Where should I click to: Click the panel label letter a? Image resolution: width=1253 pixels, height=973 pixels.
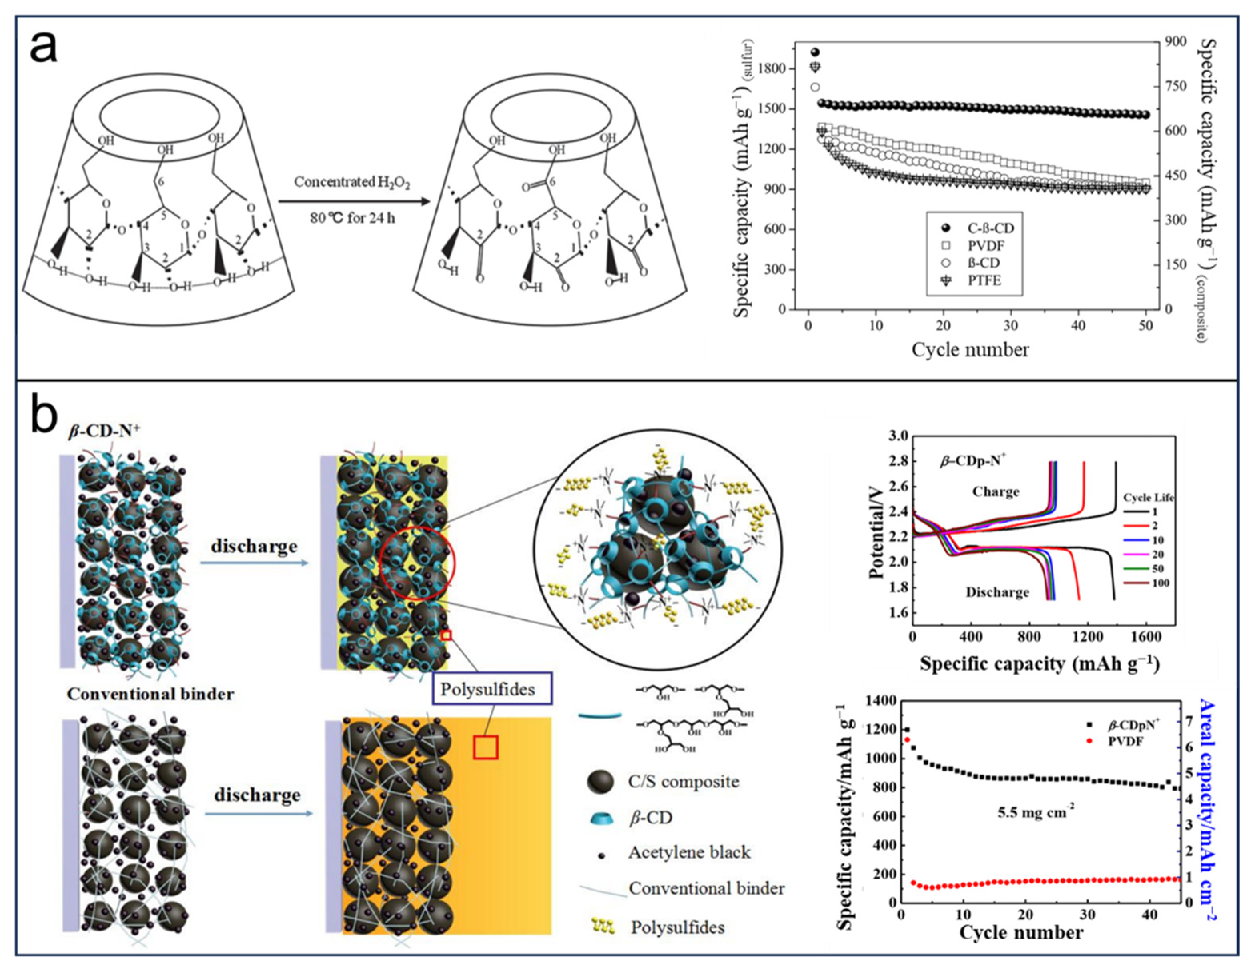point(44,48)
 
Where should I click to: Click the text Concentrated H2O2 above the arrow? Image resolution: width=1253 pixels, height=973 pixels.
point(352,182)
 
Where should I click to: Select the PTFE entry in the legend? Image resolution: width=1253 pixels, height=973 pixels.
point(984,280)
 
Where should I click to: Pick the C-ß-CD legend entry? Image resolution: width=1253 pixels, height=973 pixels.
point(991,228)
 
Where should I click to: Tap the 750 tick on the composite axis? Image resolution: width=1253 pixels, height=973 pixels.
point(1171,86)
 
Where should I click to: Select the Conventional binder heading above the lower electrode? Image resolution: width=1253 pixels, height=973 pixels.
point(150,694)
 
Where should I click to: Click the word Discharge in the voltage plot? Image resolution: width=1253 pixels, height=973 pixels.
point(997,592)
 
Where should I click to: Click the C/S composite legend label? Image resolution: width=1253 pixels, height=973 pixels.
point(683,781)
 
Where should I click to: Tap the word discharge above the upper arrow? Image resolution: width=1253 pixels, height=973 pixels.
point(254,546)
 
